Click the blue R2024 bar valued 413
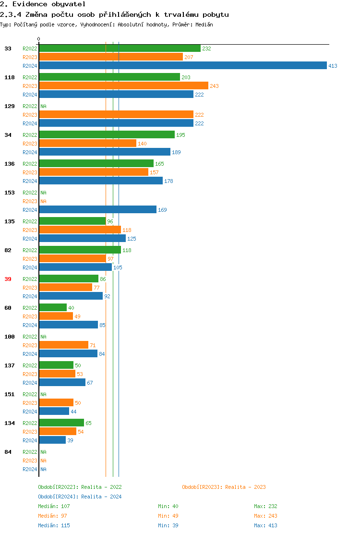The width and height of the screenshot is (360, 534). [x=182, y=66]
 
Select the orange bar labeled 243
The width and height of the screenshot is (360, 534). [x=123, y=86]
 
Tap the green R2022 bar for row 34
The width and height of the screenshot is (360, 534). [x=107, y=135]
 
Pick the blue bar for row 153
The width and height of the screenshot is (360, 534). [x=97, y=210]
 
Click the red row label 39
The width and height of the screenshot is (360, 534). [x=8, y=279]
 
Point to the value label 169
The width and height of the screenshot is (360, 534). [x=162, y=210]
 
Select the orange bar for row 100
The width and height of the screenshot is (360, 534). [x=63, y=345]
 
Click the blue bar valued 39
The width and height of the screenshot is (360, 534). [x=52, y=440]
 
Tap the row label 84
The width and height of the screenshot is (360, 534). [x=8, y=452]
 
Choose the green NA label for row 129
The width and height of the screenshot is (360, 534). [x=43, y=106]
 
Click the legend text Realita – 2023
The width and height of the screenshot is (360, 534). [x=245, y=487]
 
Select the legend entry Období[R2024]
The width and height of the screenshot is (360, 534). [x=59, y=497]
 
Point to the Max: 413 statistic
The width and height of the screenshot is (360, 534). [x=265, y=525]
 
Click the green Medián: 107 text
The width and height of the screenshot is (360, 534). [x=54, y=506]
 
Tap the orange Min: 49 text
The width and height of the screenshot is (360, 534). [x=168, y=516]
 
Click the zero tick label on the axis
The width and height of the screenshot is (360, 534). [x=39, y=39]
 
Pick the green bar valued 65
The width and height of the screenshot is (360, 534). [x=61, y=423]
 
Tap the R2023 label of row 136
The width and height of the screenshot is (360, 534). [x=30, y=172]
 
